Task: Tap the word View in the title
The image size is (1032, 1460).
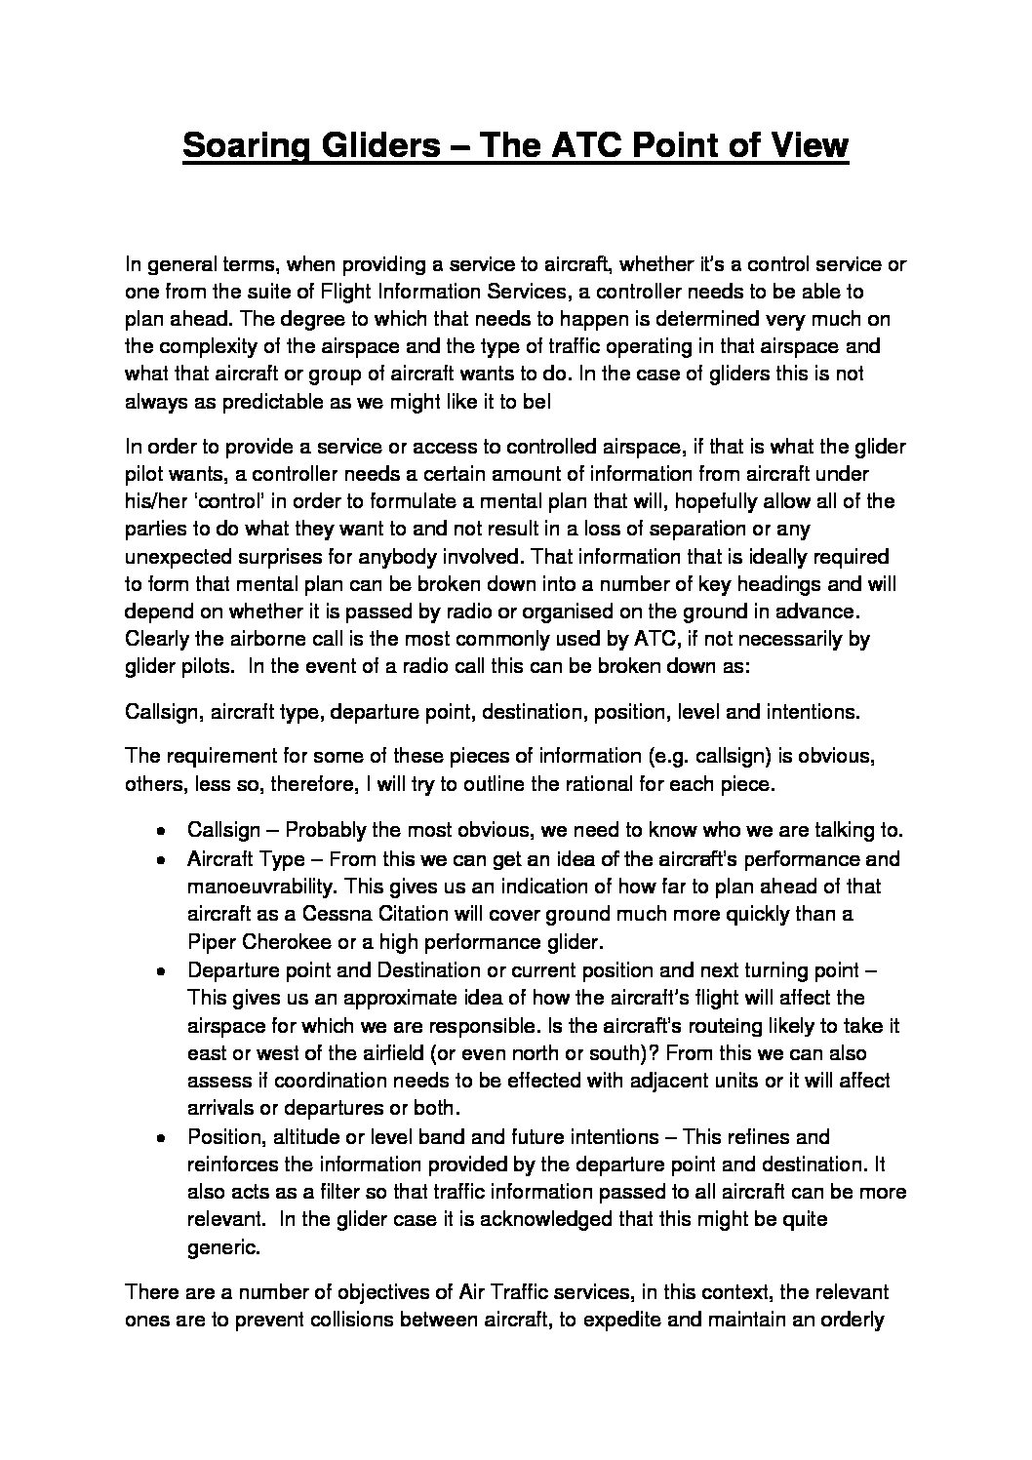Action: coord(807,146)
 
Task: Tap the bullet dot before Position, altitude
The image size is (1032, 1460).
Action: coord(160,1137)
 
